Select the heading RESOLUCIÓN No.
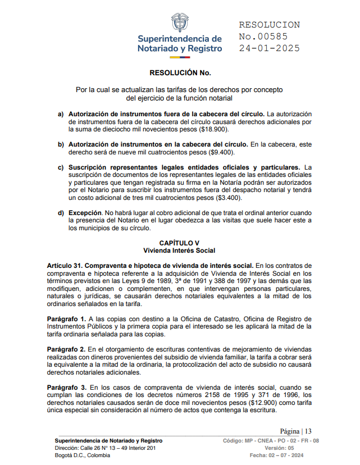tap(179, 73)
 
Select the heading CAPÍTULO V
tap(179, 243)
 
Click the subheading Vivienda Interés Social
tap(179, 250)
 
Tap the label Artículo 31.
tap(66, 265)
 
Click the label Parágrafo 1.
tap(66, 318)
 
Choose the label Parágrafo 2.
tap(66, 349)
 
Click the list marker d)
tap(61, 213)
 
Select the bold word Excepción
tap(85, 213)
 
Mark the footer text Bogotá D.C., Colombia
tap(82, 455)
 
